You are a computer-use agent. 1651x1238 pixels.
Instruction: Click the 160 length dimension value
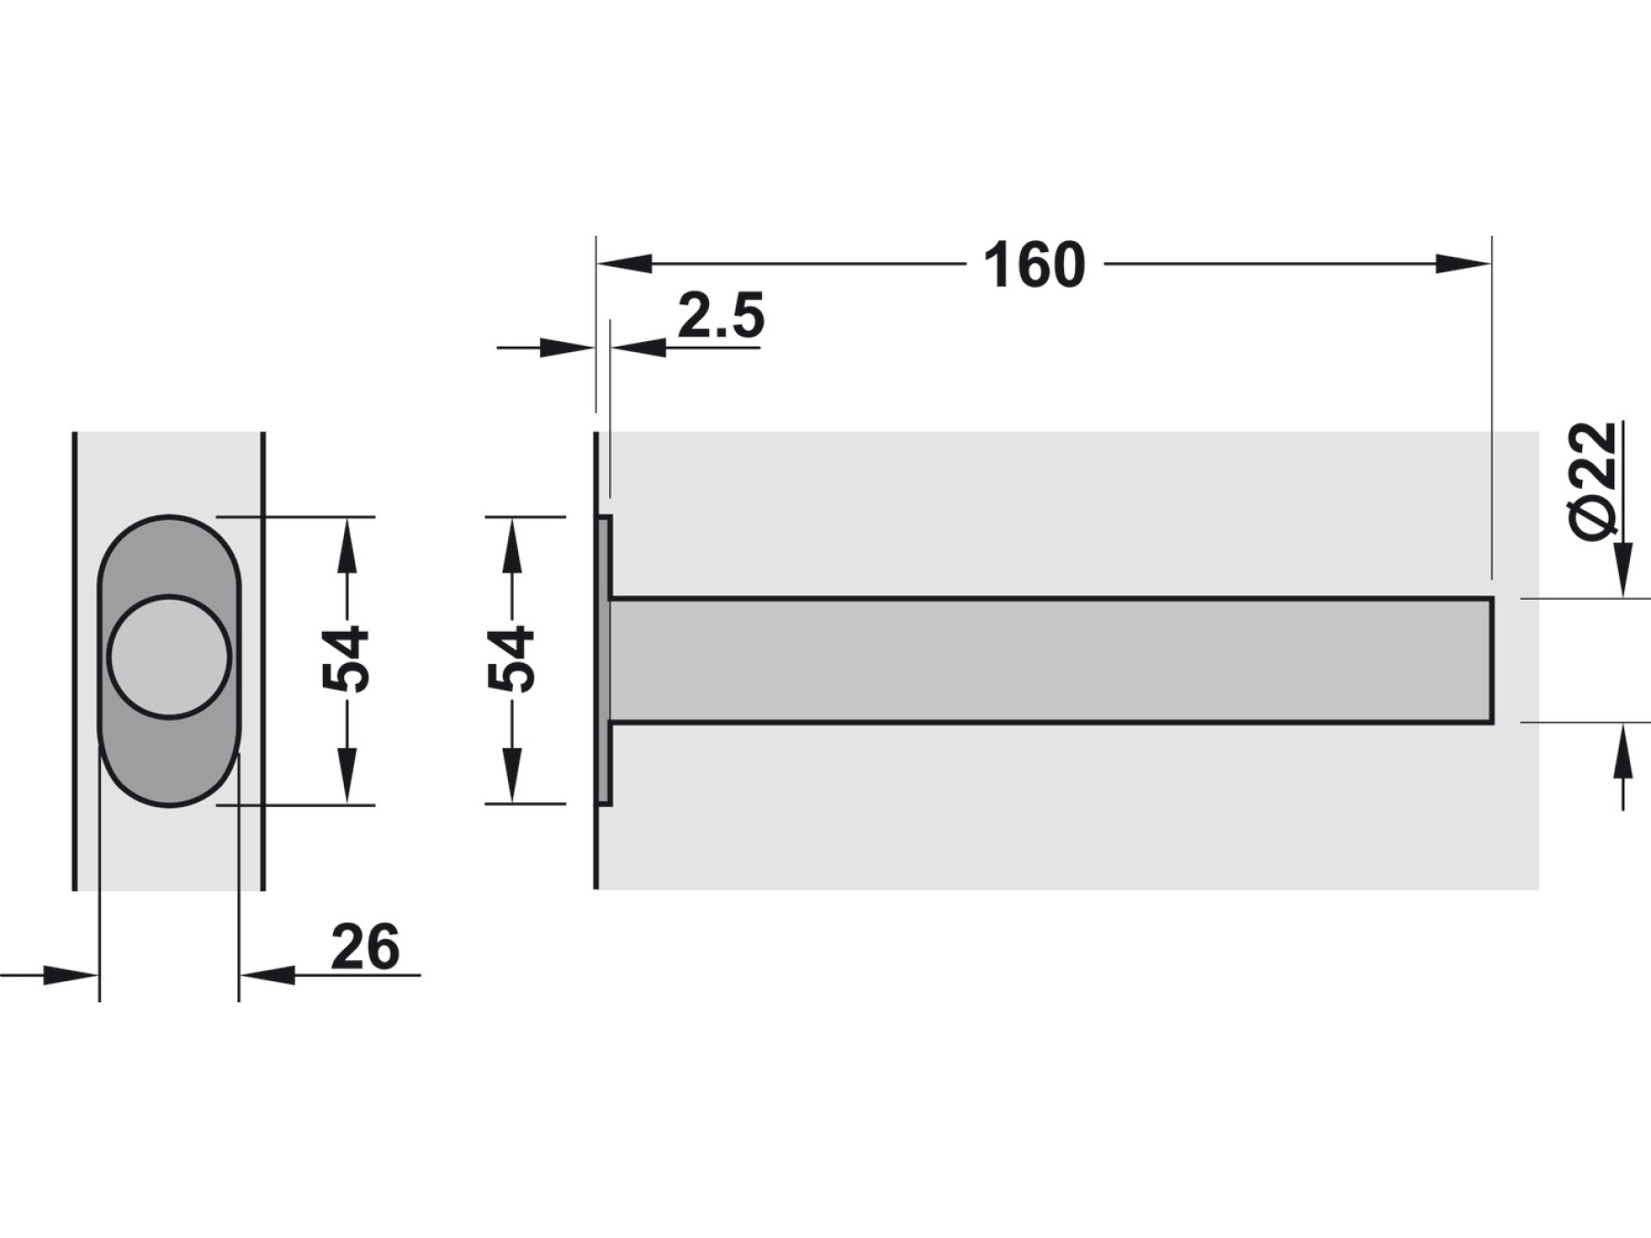coord(1034,266)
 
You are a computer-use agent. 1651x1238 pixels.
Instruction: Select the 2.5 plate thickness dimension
coord(721,316)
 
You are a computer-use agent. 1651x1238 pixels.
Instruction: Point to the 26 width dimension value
coord(365,946)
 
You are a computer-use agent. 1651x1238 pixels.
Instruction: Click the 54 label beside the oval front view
coord(345,659)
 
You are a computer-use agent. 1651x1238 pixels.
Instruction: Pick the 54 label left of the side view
coord(510,659)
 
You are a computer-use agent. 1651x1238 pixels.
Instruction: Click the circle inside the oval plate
coord(169,656)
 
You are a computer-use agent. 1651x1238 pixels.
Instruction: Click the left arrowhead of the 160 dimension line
coord(625,264)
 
